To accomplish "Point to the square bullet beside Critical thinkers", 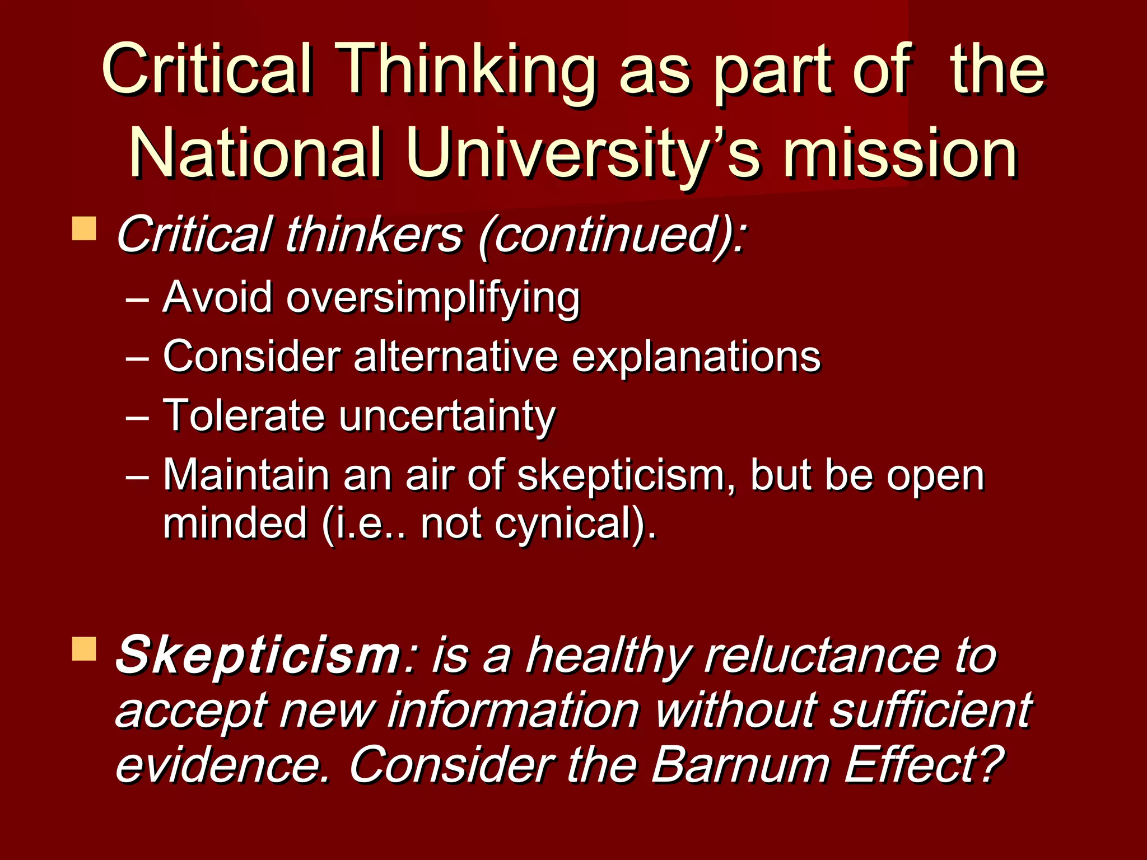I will click(x=84, y=229).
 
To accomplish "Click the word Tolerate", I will click(x=244, y=415).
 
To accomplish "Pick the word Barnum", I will click(x=739, y=765).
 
